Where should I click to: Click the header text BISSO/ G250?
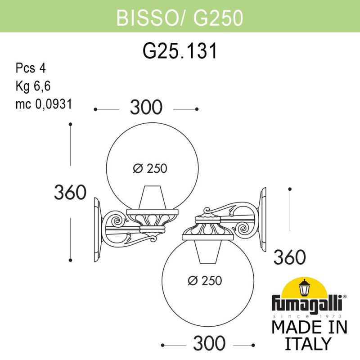pyautogui.click(x=180, y=18)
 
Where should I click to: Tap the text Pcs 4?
pyautogui.click(x=31, y=68)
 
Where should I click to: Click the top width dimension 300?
pyautogui.click(x=146, y=108)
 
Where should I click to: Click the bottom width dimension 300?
pyautogui.click(x=209, y=344)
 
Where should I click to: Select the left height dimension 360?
pyautogui.click(x=70, y=193)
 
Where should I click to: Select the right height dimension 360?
pyautogui.click(x=290, y=257)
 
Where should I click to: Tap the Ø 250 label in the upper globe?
pyautogui.click(x=150, y=169)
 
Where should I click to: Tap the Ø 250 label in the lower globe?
pyautogui.click(x=205, y=281)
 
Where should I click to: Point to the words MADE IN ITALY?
pyautogui.click(x=310, y=335)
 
